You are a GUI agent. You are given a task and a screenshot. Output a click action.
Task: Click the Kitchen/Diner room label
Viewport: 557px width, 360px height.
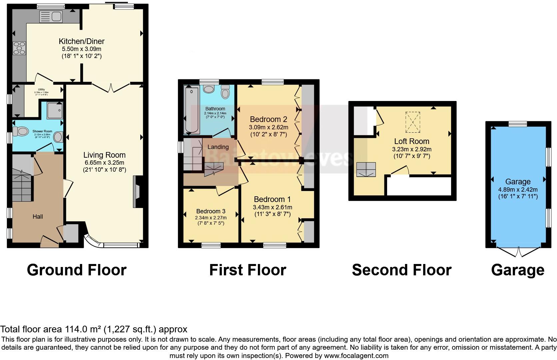(x=82, y=41)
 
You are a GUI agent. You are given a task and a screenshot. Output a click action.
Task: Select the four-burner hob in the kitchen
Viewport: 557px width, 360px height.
(x=19, y=48)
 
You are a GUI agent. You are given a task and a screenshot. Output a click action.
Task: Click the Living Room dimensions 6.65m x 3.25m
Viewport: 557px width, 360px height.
(x=104, y=163)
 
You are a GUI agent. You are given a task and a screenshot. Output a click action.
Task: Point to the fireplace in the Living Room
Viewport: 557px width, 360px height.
(x=137, y=192)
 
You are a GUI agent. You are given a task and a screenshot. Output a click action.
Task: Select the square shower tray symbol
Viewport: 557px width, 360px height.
(x=55, y=111)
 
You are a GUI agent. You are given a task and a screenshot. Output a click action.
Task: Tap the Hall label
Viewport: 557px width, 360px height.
(x=38, y=217)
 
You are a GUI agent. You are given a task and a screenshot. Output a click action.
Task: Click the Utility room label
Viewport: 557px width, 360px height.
(x=41, y=89)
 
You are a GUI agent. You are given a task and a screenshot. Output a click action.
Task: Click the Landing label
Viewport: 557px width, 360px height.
(x=218, y=147)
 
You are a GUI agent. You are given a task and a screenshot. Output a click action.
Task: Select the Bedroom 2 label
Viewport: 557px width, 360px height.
(x=268, y=119)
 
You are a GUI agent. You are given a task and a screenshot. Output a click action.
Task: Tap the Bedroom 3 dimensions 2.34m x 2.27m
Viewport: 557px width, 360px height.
(x=211, y=218)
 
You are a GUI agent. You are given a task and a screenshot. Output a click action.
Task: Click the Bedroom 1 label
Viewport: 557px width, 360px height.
(x=272, y=199)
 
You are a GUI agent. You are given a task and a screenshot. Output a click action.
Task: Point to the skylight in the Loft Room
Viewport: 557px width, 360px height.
(x=413, y=122)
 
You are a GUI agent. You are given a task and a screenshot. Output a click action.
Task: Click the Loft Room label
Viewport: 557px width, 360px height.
(x=411, y=141)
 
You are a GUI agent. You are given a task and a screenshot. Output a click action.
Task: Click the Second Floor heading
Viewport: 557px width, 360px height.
(x=401, y=270)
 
